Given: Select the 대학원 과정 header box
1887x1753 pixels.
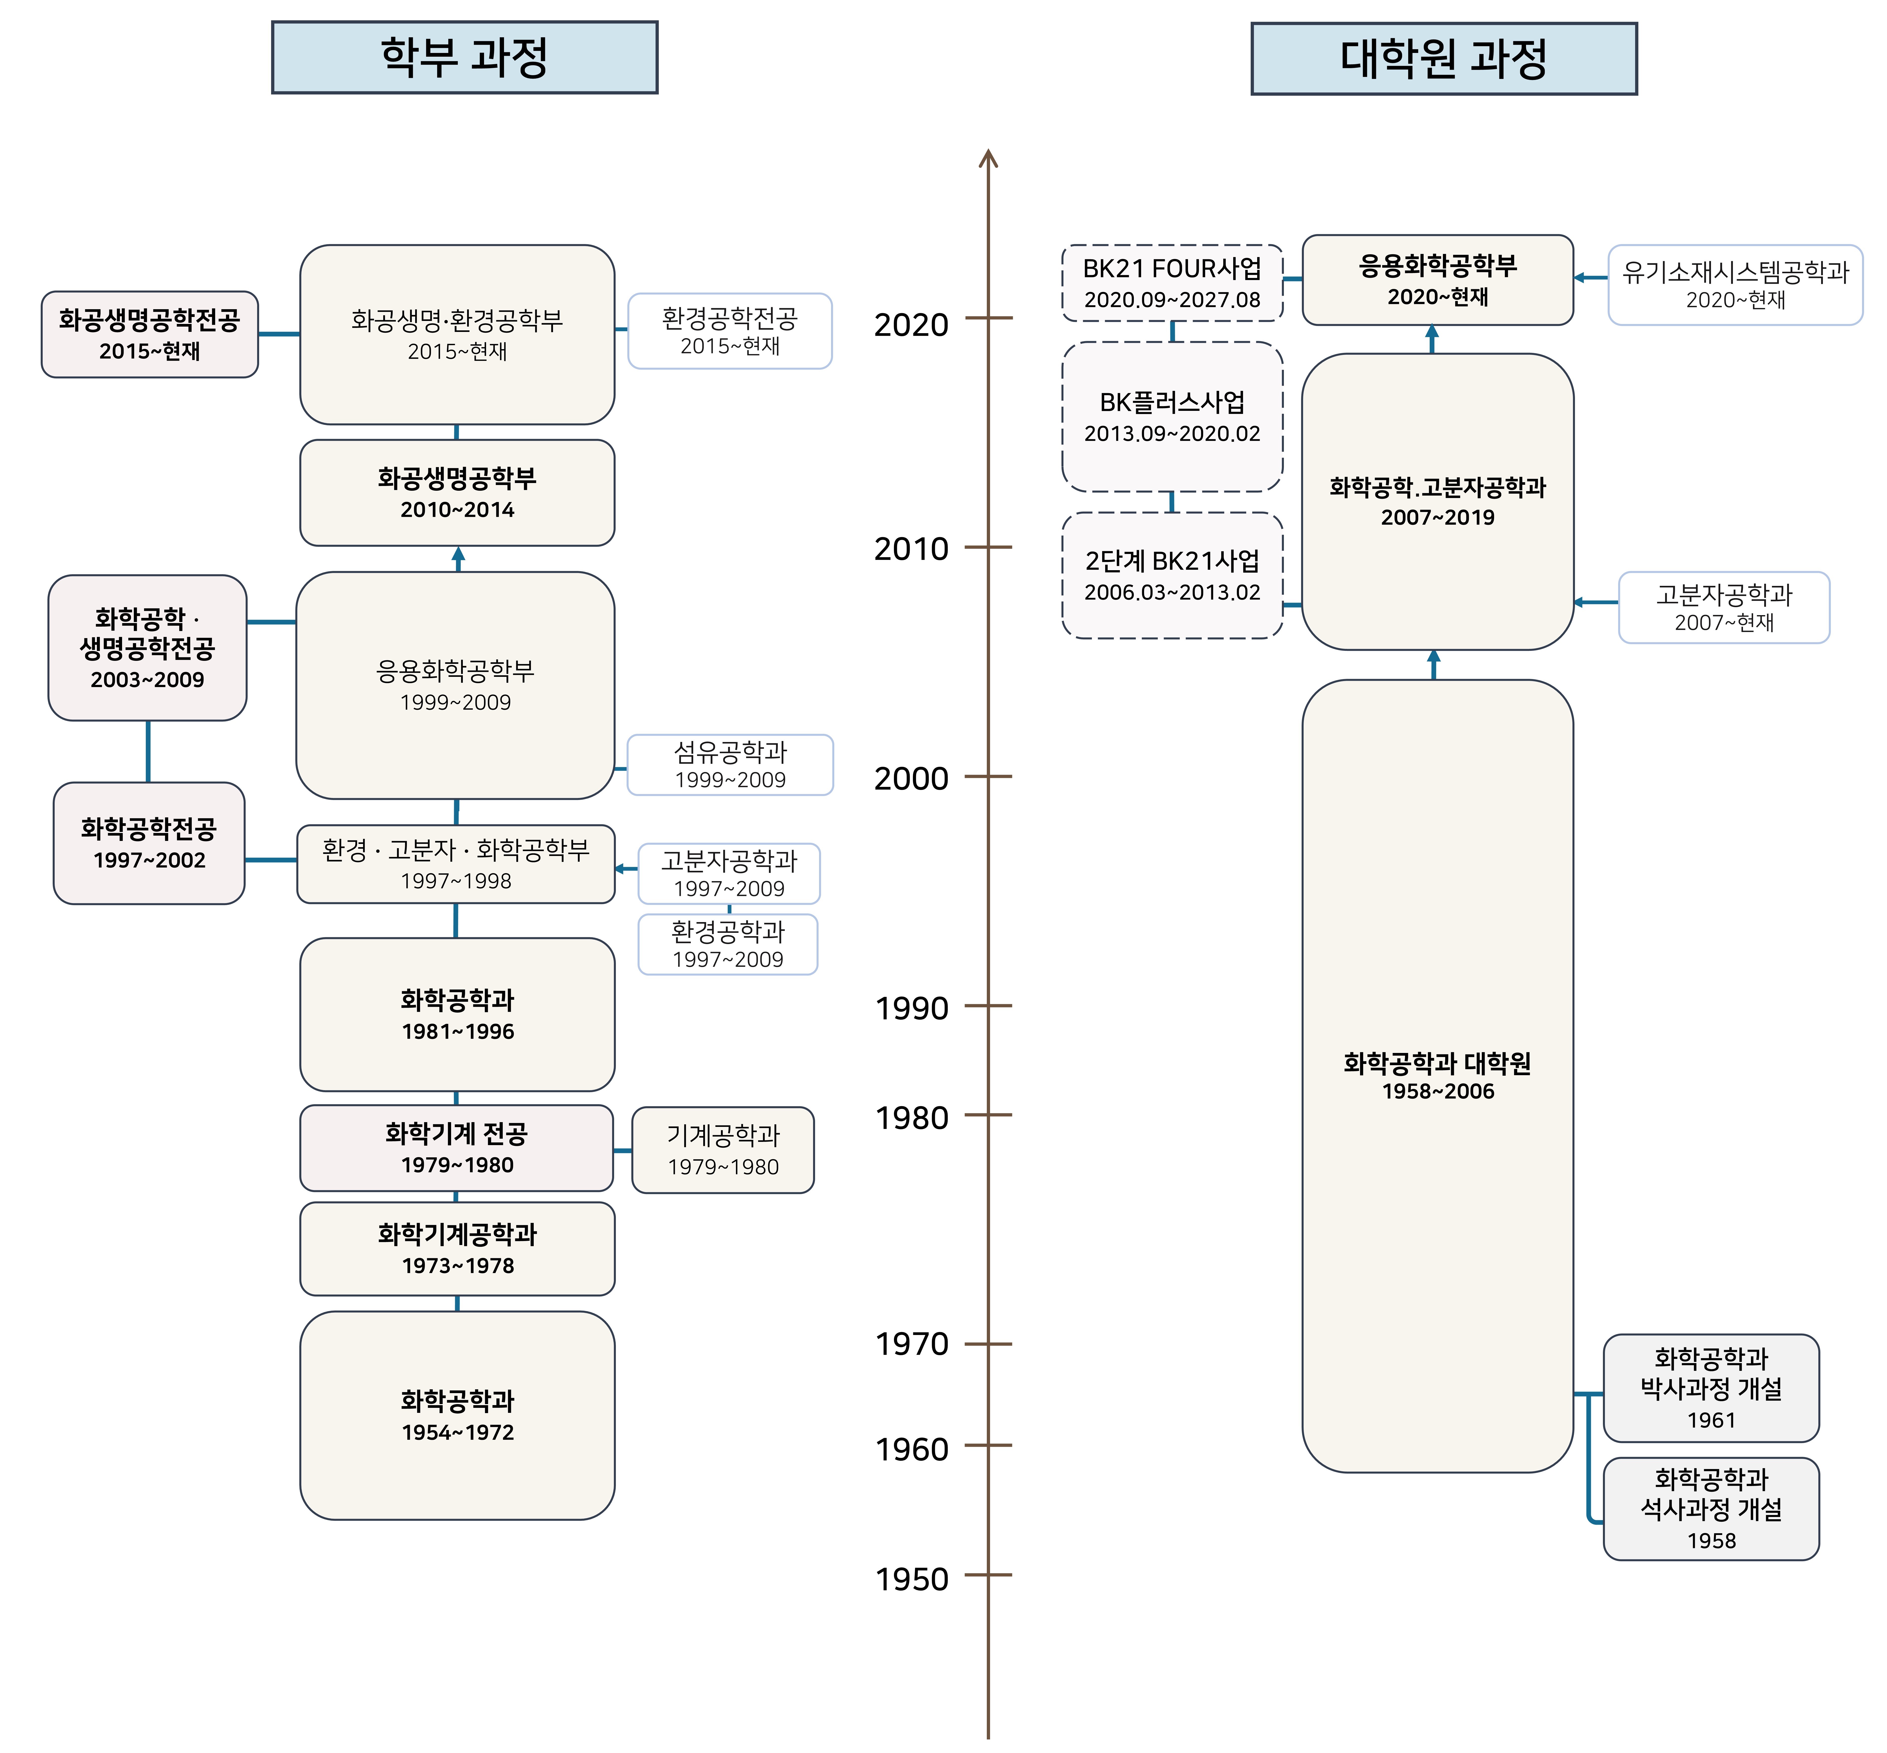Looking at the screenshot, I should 1443,59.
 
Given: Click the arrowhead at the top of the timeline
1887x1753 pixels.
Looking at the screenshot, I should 988,157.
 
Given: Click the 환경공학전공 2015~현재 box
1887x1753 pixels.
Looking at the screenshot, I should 729,331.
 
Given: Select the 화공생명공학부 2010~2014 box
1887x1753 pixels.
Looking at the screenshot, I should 457,492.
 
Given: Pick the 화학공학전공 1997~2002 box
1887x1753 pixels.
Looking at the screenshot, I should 149,843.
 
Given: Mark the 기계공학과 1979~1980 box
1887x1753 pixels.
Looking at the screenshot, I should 722,1150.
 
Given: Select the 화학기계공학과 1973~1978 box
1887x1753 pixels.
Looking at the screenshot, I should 457,1248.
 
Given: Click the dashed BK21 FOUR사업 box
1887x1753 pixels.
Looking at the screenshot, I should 1172,283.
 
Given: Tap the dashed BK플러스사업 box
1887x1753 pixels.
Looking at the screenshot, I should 1172,416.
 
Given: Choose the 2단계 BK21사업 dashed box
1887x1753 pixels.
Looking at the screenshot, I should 1172,575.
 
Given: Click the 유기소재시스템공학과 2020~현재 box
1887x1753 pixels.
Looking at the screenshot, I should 1735,284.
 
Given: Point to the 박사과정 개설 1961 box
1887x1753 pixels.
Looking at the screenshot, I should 1711,1388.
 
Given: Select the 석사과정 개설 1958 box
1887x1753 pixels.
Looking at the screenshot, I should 1711,1508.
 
